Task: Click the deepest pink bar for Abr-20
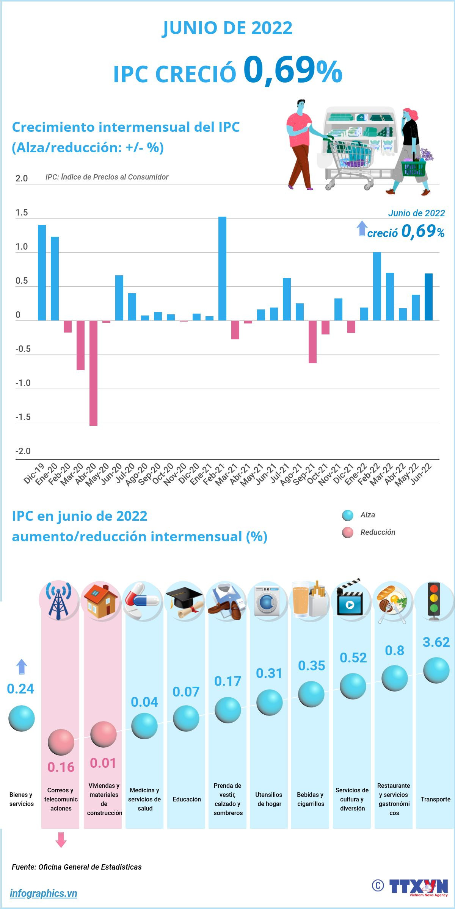tap(93, 373)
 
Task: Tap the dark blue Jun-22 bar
tap(428, 297)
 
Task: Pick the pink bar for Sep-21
tap(312, 342)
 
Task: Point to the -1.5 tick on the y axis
tap(23, 417)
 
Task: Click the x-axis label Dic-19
tap(35, 473)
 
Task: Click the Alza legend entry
tap(367, 515)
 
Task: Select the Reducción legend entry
tap(377, 532)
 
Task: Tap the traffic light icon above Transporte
tap(434, 600)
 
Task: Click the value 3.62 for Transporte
tap(436, 642)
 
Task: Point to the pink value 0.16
tap(61, 767)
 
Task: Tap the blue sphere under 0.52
tap(353, 686)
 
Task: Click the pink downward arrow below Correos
tap(61, 840)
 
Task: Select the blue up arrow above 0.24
tap(22, 667)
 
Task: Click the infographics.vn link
tap(43, 893)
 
